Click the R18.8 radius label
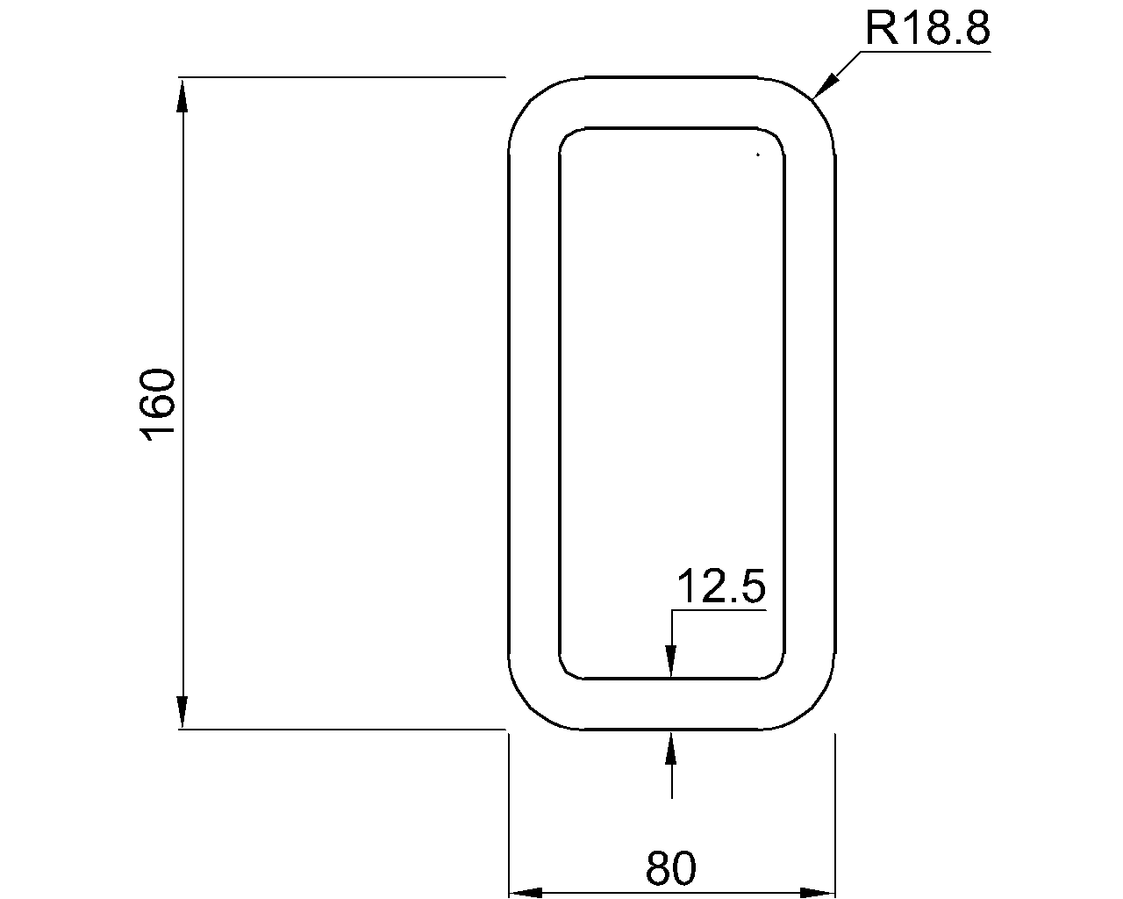(926, 29)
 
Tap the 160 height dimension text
(159, 405)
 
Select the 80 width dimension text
(671, 869)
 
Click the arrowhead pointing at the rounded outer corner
(826, 85)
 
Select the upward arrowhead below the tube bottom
(671, 745)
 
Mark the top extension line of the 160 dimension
(342, 77)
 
